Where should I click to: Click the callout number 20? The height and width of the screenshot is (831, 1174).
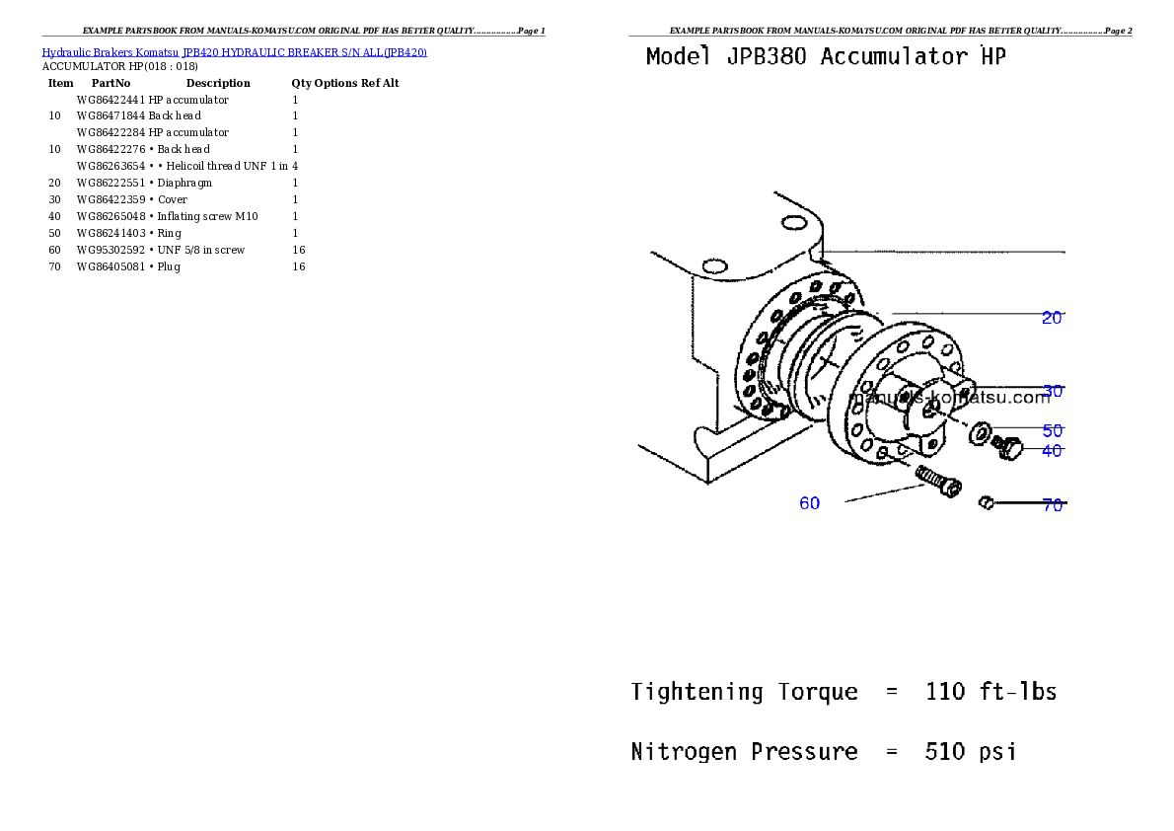pyautogui.click(x=1052, y=318)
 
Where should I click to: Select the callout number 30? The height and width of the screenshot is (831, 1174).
pyautogui.click(x=1053, y=392)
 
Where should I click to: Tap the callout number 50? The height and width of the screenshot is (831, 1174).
pyautogui.click(x=1053, y=431)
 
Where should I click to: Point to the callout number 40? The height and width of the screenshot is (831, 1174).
pyautogui.click(x=1052, y=451)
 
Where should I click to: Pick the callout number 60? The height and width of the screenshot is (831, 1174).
pyautogui.click(x=809, y=503)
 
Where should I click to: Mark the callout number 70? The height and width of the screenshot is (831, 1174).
pyautogui.click(x=1053, y=505)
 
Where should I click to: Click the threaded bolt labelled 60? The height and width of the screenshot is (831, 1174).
pyautogui.click(x=937, y=483)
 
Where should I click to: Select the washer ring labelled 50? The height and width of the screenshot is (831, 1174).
pyautogui.click(x=982, y=432)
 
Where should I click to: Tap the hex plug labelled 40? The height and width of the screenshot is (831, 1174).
pyautogui.click(x=1007, y=448)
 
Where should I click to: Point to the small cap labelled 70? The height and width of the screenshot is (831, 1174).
pyautogui.click(x=985, y=504)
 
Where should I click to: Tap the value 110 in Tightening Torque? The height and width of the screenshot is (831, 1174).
pyautogui.click(x=945, y=692)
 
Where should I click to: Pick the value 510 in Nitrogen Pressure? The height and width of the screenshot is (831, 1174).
pyautogui.click(x=945, y=752)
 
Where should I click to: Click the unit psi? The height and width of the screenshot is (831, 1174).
pyautogui.click(x=997, y=752)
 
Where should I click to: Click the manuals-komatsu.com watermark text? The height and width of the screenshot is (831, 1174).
pyautogui.click(x=949, y=398)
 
